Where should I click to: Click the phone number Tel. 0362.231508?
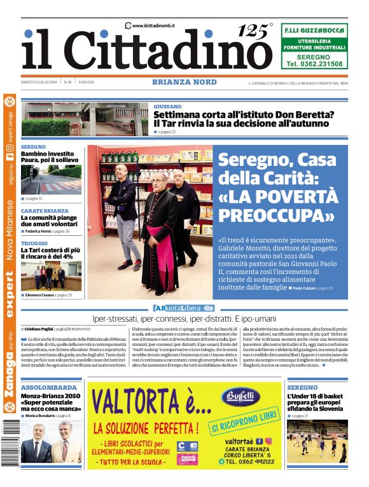(x=314, y=64)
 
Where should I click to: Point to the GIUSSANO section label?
(x=167, y=106)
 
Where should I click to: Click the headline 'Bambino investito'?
(x=47, y=154)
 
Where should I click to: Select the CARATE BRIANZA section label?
(x=45, y=210)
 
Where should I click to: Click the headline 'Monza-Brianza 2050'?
(x=51, y=395)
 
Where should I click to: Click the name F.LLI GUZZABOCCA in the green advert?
(x=314, y=30)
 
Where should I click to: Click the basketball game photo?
(x=317, y=441)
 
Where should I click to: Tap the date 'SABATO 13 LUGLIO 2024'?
(x=40, y=83)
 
